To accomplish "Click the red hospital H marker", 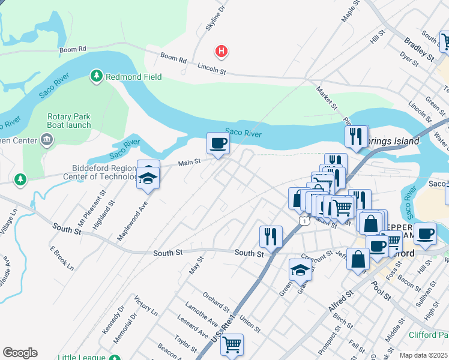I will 221,52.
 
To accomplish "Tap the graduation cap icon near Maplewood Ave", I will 148,177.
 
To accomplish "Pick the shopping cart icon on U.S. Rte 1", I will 232,344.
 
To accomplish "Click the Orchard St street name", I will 216,302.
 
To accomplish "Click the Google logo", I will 20,353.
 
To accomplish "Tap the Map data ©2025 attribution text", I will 424,355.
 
